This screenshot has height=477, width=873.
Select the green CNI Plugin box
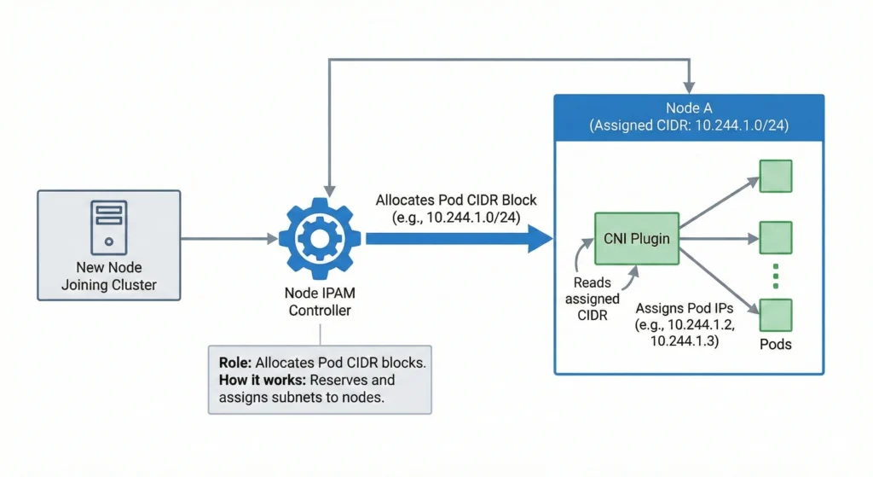click(636, 239)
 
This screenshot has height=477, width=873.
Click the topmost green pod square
click(776, 176)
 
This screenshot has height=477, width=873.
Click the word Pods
click(776, 344)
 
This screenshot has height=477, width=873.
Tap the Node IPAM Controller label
click(319, 302)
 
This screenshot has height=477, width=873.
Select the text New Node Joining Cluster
click(109, 276)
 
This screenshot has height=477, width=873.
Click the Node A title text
click(689, 108)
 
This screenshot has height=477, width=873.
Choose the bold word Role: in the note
click(235, 362)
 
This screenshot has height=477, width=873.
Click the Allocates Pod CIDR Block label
click(456, 200)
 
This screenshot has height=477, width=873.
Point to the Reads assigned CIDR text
click(593, 299)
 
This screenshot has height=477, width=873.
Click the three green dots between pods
click(776, 276)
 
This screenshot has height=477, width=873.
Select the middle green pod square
click(776, 238)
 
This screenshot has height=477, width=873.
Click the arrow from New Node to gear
click(230, 240)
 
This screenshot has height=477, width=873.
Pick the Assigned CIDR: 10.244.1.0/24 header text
click(689, 125)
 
